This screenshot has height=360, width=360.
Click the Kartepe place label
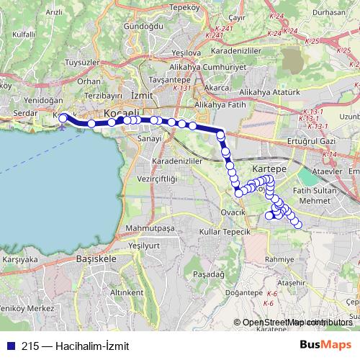click(269, 167)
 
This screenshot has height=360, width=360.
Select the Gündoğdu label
click(143, 25)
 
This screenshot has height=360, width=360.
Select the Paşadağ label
click(209, 274)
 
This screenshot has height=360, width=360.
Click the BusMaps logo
click(325, 345)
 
